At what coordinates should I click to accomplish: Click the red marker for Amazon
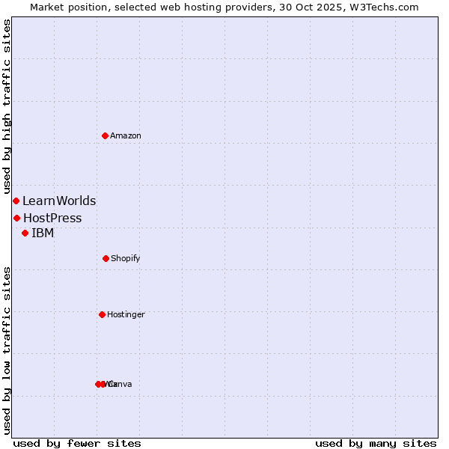coord(105,135)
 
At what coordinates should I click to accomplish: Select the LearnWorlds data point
coord(16,201)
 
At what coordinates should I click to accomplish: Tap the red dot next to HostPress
coord(16,218)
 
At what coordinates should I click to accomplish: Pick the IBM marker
coord(25,233)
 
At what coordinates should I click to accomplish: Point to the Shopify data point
coord(106,258)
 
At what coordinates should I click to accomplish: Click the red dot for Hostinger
coord(102,314)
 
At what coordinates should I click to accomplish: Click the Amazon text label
coord(126,135)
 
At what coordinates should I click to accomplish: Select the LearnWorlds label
coord(59,201)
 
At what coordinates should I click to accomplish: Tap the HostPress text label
coord(52,218)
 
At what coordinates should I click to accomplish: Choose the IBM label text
coord(43,233)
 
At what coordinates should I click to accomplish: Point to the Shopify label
coord(126,258)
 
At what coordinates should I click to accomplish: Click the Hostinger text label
coord(126,314)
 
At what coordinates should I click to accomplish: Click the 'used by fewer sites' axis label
coord(77,443)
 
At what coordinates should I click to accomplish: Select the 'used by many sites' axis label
coord(376,443)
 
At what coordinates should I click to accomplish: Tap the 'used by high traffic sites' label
coord(7,106)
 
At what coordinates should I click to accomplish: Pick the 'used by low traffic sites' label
coord(7,349)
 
